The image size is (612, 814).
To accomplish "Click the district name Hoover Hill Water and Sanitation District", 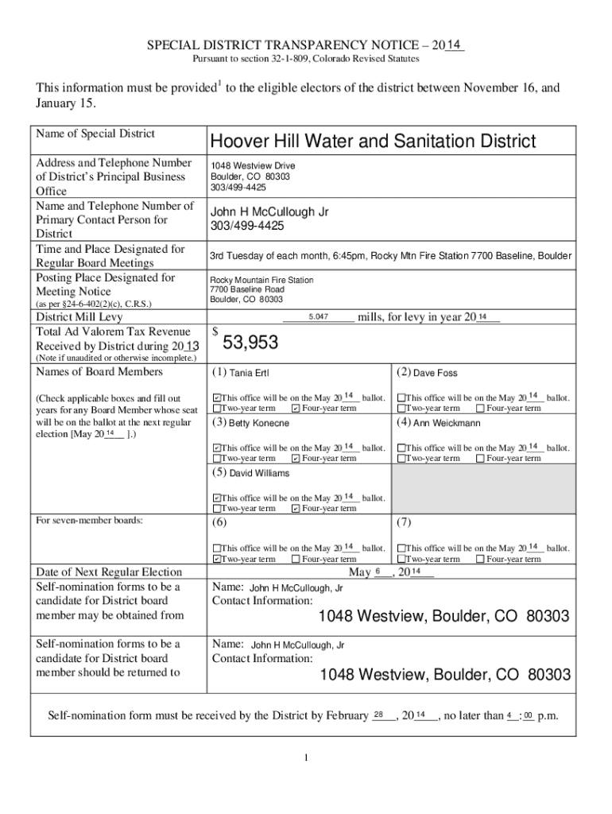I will pos(372,141).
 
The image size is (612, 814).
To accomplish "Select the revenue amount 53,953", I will pos(250,343).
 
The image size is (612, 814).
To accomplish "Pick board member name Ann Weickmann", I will pos(447,423).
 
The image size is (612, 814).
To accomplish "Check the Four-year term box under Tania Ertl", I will pos(296,409).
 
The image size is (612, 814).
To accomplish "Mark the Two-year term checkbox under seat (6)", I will pos(217,560).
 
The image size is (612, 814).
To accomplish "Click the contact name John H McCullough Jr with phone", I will pos(269,219).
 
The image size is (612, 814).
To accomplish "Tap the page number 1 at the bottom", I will pos(306,756).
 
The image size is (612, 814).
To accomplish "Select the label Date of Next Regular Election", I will pos(109,572).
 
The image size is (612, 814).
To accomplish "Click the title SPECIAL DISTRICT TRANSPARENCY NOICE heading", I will pos(306,47).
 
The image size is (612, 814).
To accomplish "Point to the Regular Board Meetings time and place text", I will pos(389,256).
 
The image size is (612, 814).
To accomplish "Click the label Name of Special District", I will pos(95,134).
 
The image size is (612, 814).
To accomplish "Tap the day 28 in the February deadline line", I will pos(380,715).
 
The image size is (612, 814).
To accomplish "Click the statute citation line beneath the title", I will pos(306,61).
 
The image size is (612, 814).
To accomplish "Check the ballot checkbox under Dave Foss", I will pos(401,398).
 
